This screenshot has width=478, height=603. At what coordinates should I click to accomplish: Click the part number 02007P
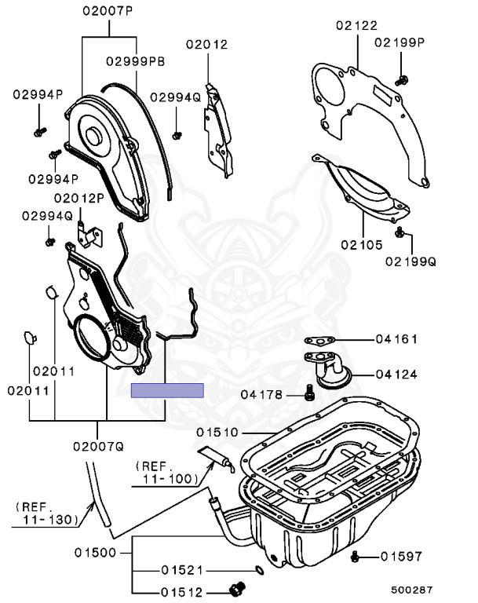pos(109,13)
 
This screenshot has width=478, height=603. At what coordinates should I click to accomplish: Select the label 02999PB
pos(136,60)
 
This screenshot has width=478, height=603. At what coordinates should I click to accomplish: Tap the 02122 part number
pos(356,26)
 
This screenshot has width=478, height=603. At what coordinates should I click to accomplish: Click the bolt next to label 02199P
pos(401,79)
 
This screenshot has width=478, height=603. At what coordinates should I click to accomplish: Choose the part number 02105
pos(361,245)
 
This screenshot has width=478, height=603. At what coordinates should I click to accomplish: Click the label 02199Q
pos(410,261)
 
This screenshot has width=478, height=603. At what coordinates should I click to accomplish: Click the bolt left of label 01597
pos(355,557)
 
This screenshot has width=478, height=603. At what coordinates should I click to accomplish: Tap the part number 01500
pos(95,553)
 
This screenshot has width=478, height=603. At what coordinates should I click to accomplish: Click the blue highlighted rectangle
pos(167,389)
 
